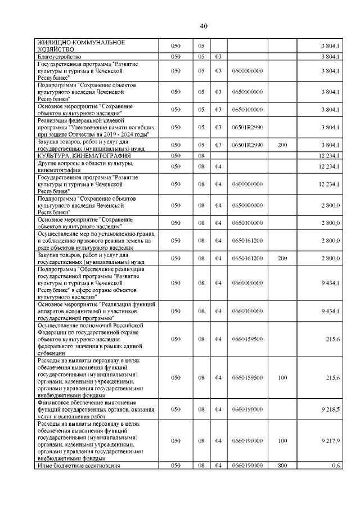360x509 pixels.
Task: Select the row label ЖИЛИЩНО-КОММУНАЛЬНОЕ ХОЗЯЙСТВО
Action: (x=80, y=46)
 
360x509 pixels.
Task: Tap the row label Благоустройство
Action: (x=60, y=57)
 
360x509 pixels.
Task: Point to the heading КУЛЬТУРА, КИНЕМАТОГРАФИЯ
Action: (x=84, y=155)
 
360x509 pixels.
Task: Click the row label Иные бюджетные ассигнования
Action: (x=79, y=465)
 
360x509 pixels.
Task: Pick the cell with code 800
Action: (x=282, y=465)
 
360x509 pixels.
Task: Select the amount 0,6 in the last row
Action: (x=335, y=465)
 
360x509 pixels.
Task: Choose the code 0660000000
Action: (x=247, y=283)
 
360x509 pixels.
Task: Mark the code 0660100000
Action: (x=247, y=310)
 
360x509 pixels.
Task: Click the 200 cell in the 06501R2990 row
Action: (x=282, y=145)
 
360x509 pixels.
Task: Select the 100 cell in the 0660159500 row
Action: (x=282, y=377)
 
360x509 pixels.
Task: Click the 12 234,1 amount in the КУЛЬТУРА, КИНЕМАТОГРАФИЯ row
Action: (x=328, y=155)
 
